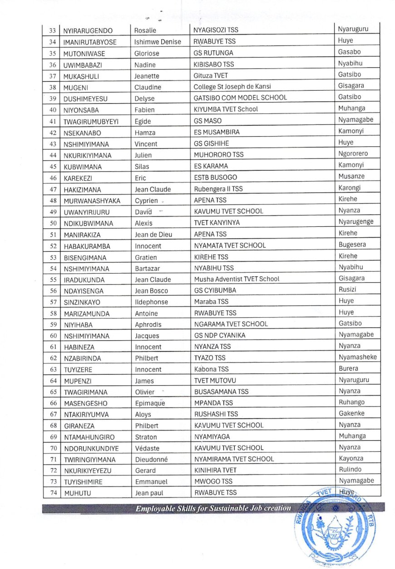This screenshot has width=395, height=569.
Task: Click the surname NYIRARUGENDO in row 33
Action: pos(88,31)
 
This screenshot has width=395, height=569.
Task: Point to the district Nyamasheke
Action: pos(357,357)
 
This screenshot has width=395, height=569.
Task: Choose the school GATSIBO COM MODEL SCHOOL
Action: pos(240,98)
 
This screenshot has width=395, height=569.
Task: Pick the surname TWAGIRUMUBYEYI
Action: pos(90,122)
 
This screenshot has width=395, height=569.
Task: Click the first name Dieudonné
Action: pos(151,459)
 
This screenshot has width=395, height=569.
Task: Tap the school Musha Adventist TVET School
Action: pos(237,279)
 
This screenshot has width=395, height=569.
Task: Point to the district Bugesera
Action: pos(352,245)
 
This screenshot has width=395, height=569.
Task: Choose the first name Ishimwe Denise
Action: pos(158,42)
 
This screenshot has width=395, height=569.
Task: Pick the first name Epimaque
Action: pos(150,403)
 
